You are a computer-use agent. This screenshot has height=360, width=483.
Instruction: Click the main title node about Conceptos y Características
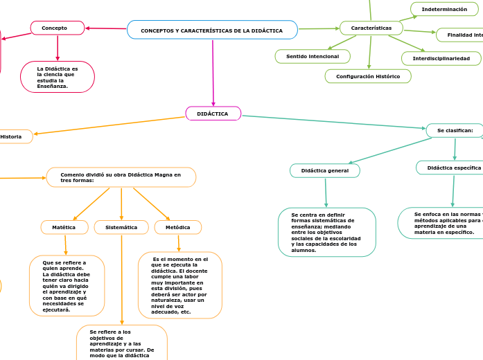point(212,30)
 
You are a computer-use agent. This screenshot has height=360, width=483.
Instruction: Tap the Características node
point(371,28)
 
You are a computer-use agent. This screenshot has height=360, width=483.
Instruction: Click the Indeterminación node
point(444,9)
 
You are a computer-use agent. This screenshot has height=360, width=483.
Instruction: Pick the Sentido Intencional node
point(313,56)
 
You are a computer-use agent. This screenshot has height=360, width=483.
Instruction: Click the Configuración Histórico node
point(368,76)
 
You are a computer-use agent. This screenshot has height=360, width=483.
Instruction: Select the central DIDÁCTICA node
point(213,114)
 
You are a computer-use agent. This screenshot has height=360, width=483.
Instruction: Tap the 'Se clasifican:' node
point(454,130)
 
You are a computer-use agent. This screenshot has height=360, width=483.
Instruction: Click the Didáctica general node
point(324,170)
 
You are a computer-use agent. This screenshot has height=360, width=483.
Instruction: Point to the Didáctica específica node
point(450,168)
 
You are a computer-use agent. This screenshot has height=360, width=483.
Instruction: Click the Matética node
point(64,227)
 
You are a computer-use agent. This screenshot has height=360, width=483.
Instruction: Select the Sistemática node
point(121,227)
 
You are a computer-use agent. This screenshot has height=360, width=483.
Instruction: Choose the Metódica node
point(178,227)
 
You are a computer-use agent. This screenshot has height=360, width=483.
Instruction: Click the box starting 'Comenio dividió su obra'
point(121,177)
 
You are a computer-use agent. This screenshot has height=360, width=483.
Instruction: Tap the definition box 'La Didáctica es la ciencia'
point(58,77)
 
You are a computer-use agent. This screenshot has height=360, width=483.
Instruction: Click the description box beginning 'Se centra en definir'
point(326,233)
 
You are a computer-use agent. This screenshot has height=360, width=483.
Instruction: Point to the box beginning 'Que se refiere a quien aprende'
point(67,286)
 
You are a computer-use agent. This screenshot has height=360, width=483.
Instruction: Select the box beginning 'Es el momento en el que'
point(180,285)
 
